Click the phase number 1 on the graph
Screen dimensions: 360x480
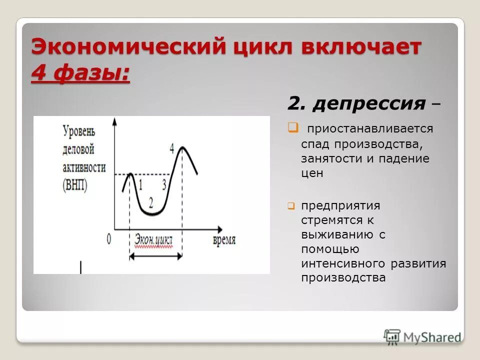(140, 185)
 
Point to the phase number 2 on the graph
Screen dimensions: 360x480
(151, 202)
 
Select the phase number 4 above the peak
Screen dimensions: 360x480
(172, 148)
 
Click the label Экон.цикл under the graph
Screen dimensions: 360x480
(153, 240)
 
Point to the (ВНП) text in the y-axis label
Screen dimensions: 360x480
(75, 185)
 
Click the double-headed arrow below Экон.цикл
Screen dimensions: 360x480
(155, 256)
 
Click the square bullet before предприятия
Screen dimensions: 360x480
(291, 205)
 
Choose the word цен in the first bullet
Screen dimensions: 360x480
(312, 173)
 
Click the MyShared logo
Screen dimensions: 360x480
(422, 336)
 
